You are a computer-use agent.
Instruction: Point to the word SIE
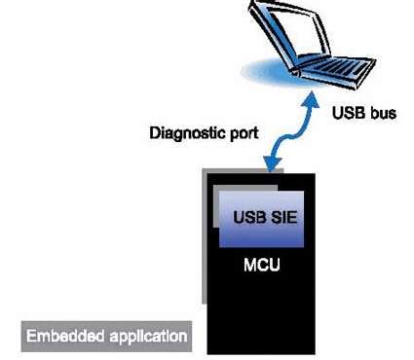pos(280,215)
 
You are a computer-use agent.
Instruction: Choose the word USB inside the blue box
pos(247,215)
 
